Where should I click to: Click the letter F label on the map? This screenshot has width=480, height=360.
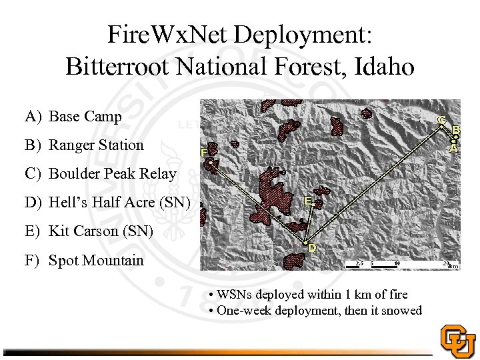click(x=204, y=152)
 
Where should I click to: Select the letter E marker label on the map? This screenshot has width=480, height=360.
click(x=309, y=200)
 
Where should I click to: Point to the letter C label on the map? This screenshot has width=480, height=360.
click(x=441, y=120)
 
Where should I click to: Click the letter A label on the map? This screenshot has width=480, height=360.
click(x=453, y=149)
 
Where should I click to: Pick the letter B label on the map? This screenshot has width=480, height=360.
click(x=456, y=129)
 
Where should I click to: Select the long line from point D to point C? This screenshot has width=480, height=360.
click(x=373, y=183)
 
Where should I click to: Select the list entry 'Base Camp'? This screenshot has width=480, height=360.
click(x=85, y=117)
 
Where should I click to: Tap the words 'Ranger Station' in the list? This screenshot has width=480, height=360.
click(x=96, y=145)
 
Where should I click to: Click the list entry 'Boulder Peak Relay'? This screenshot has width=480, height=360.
click(x=113, y=174)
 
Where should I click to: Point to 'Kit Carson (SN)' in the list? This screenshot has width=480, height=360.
click(x=101, y=231)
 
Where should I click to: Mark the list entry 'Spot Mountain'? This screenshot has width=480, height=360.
click(x=96, y=260)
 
